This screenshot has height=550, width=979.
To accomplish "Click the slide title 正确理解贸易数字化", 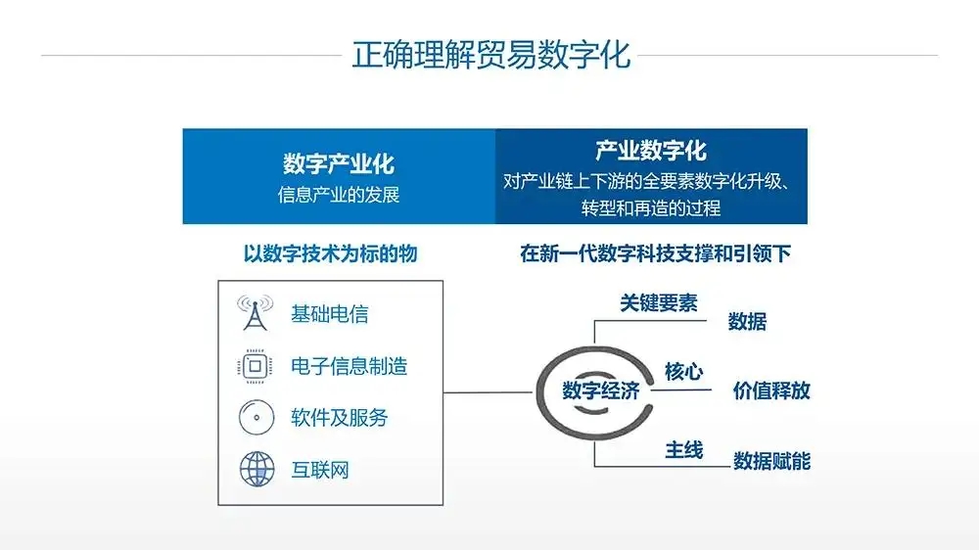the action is pyautogui.click(x=491, y=55).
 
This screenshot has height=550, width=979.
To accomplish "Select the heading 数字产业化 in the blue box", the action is pyautogui.click(x=339, y=163).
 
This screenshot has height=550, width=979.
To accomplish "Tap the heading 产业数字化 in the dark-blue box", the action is pyautogui.click(x=651, y=151).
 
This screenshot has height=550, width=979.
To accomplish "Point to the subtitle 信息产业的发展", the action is pyautogui.click(x=339, y=195).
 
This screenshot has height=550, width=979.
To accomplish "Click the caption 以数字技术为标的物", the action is pyautogui.click(x=330, y=253).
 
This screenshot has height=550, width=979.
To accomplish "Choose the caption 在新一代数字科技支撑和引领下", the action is pyautogui.click(x=656, y=253).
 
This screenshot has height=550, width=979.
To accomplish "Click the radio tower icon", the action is pyautogui.click(x=255, y=312).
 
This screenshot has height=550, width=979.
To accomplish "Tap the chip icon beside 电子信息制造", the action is pyautogui.click(x=255, y=366).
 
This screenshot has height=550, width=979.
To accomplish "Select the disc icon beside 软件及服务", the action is pyautogui.click(x=256, y=418).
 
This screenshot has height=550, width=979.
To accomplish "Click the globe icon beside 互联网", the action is pyautogui.click(x=256, y=469).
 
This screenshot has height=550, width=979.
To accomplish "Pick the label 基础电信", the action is pyautogui.click(x=330, y=313).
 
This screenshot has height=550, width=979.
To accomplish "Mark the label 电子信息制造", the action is pyautogui.click(x=350, y=366).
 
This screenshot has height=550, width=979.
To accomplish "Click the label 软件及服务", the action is pyautogui.click(x=339, y=418).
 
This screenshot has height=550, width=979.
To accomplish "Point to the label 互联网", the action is pyautogui.click(x=320, y=470).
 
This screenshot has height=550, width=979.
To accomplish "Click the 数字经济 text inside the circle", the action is pyautogui.click(x=601, y=390).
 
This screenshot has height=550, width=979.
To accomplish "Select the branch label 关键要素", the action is pyautogui.click(x=659, y=302).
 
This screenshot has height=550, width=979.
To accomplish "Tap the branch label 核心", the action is pyautogui.click(x=683, y=372).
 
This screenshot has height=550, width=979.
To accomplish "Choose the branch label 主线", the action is pyautogui.click(x=683, y=449).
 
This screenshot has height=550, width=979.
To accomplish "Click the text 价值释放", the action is pyautogui.click(x=771, y=390).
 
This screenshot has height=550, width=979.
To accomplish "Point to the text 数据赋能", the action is pyautogui.click(x=771, y=461).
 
